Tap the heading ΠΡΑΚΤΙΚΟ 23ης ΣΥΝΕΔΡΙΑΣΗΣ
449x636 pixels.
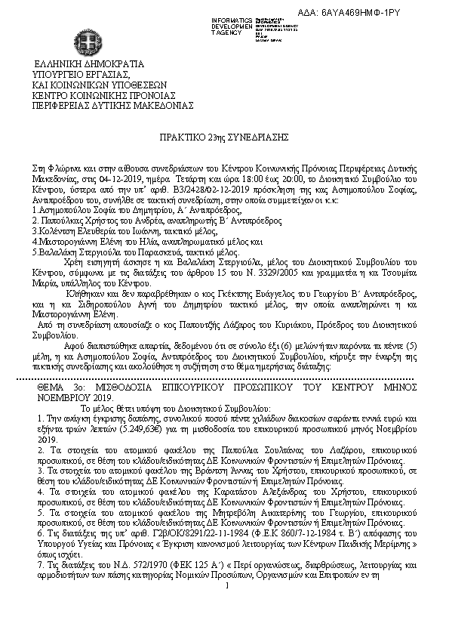224,140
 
